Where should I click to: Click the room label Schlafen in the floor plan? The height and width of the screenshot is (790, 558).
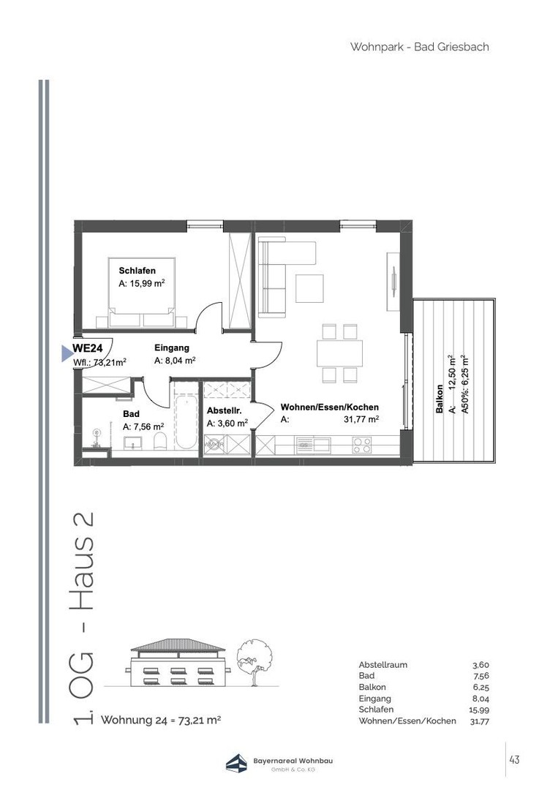click(137, 271)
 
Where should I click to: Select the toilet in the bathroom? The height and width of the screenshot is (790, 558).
click(159, 440)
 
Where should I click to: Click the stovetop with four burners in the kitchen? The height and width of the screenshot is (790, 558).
click(361, 445)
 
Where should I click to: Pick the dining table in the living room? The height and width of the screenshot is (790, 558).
click(340, 354)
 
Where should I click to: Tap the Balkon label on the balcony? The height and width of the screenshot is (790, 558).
click(439, 399)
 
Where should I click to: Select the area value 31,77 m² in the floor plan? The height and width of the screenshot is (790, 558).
click(361, 419)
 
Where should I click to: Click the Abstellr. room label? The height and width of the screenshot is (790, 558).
click(224, 411)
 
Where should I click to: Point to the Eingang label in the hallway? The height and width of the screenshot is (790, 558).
click(172, 347)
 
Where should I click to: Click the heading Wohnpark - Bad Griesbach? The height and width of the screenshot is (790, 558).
click(420, 47)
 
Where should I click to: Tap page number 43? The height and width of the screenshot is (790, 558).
click(514, 759)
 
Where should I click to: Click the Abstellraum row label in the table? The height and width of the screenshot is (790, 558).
click(382, 664)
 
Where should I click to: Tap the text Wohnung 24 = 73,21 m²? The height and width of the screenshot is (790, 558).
click(161, 720)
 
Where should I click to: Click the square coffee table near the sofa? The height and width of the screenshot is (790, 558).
click(309, 288)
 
